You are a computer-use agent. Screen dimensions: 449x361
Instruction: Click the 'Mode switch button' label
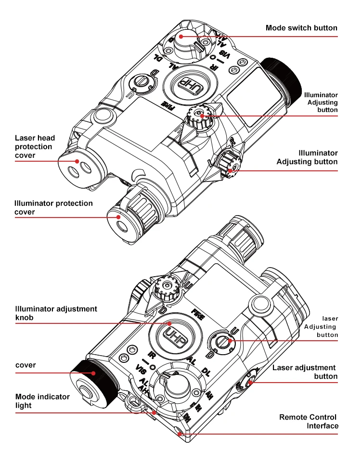point(301,28)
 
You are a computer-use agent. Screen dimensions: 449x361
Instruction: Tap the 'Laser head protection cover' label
point(35,146)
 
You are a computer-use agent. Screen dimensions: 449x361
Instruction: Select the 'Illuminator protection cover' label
point(53,207)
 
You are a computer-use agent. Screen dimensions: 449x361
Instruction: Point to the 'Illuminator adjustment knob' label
point(56,313)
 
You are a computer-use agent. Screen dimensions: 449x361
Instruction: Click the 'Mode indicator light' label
point(42,401)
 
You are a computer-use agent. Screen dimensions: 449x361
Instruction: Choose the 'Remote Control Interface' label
point(309,421)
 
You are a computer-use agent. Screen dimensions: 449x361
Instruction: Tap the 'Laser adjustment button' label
point(304,372)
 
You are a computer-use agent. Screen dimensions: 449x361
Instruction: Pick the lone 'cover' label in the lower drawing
point(25,365)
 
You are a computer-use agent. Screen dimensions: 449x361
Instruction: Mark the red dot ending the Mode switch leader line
point(181,36)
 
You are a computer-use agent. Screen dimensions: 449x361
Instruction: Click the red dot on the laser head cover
point(76,161)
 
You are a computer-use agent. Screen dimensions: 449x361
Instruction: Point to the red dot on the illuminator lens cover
point(118,217)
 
